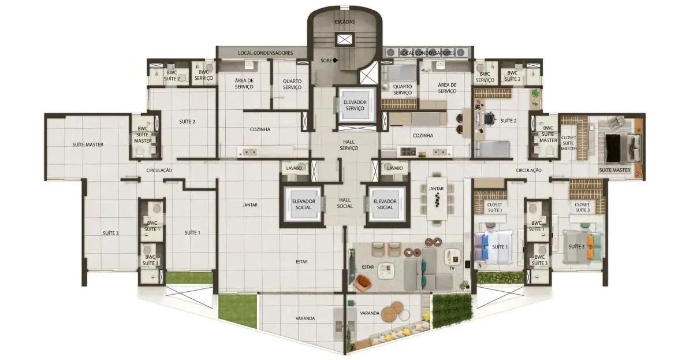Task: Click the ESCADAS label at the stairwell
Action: [345, 22]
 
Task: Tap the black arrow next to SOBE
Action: [336, 61]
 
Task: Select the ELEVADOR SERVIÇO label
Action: [355, 105]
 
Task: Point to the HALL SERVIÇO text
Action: [349, 145]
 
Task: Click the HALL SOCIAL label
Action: [345, 203]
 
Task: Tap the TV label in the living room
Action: [452, 268]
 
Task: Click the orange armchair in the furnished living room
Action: [363, 283]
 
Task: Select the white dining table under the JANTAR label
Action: [437, 198]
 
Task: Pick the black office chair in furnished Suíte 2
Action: [489, 119]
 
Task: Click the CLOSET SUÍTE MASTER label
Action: [569, 143]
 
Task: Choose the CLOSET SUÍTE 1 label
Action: [494, 207]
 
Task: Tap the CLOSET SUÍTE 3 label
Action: [582, 207]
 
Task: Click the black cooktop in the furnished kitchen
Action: [408, 151]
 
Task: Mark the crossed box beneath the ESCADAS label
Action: [345, 40]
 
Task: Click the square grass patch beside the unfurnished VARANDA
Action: [237, 311]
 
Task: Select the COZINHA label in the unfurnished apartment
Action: [260, 129]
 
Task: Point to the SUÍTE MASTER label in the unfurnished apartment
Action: [88, 144]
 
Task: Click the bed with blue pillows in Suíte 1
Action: [493, 247]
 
